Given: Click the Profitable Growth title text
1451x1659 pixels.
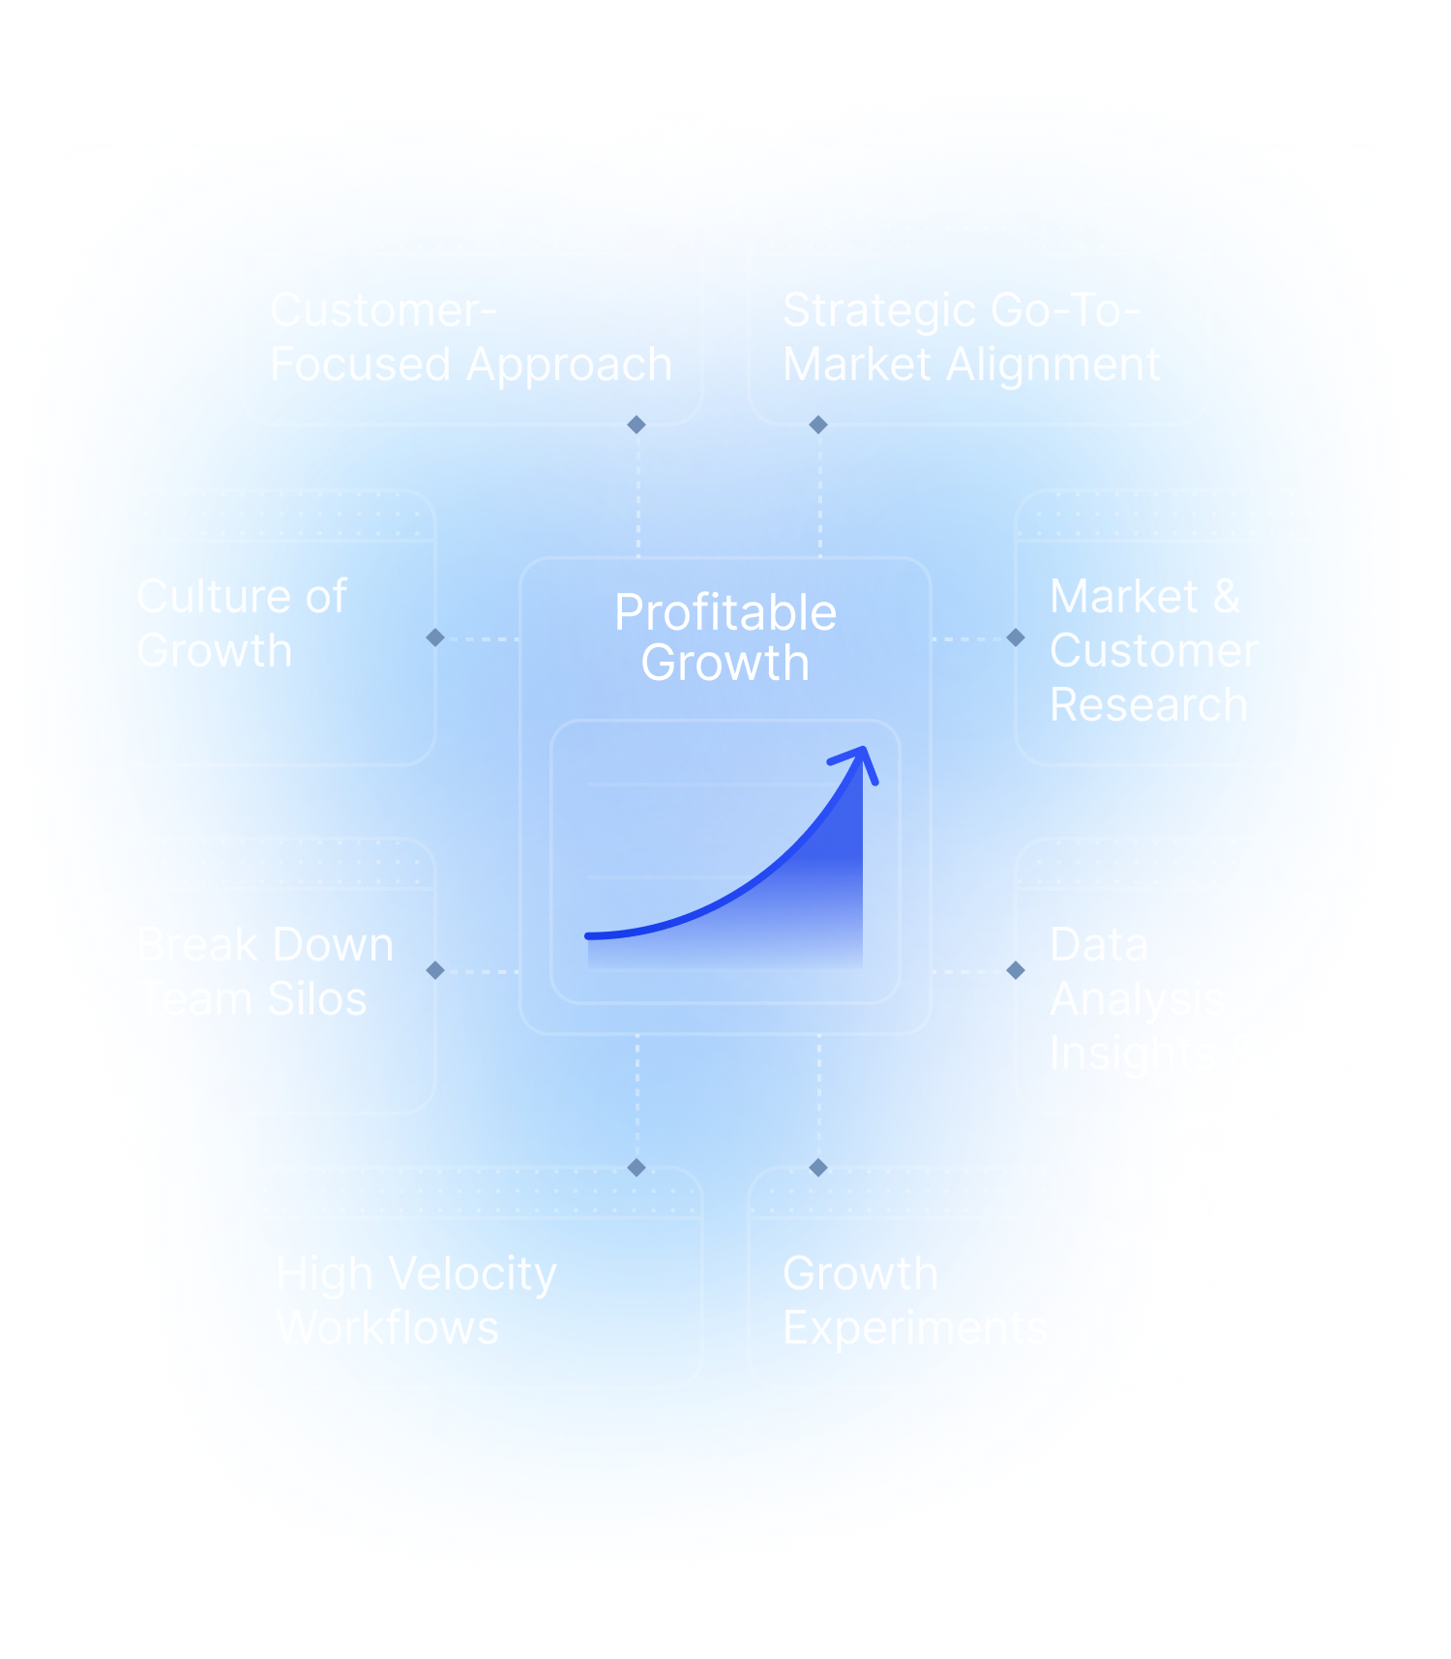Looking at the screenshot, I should pyautogui.click(x=725, y=637).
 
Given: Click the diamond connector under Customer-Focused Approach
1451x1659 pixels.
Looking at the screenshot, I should pyautogui.click(x=637, y=425).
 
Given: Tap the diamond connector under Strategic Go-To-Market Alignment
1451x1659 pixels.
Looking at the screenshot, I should pyautogui.click(x=818, y=425).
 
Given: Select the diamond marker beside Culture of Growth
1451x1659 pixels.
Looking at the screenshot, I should pyautogui.click(x=435, y=637).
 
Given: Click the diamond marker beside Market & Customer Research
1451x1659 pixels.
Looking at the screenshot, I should pyautogui.click(x=1016, y=637).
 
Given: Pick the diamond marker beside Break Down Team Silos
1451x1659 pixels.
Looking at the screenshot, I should pyautogui.click(x=435, y=970).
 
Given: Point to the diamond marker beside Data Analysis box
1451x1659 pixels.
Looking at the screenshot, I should pyautogui.click(x=1016, y=970).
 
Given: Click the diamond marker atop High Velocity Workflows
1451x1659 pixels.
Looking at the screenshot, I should pyautogui.click(x=637, y=1168).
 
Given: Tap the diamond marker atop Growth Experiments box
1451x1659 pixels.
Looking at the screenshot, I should pyautogui.click(x=818, y=1168).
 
